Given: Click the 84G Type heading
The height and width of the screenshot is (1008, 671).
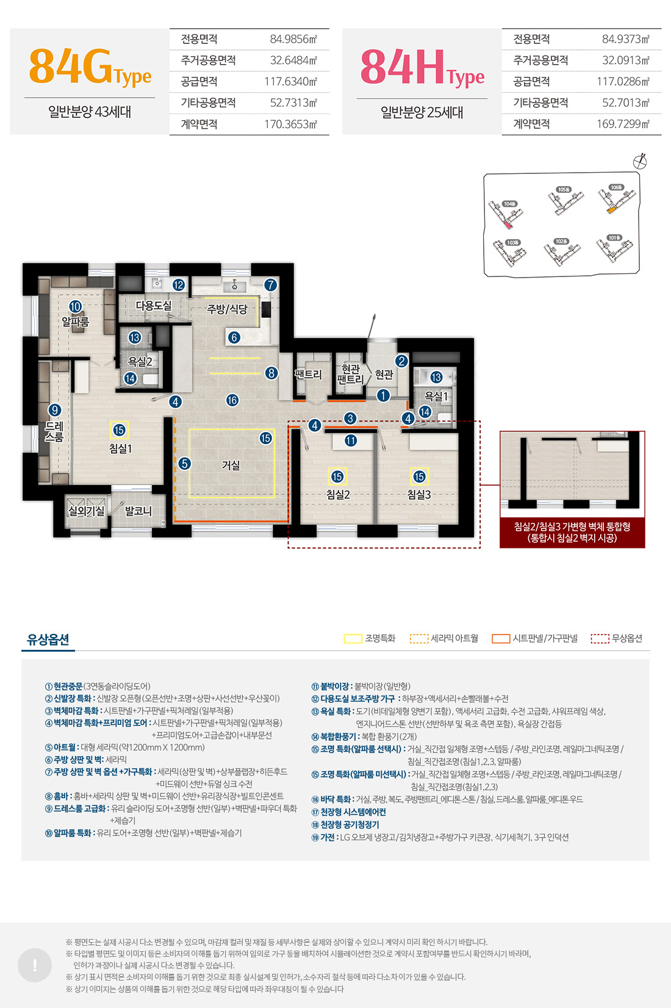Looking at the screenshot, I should pos(90,68).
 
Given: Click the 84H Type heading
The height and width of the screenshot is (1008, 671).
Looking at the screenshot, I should pos(422,68).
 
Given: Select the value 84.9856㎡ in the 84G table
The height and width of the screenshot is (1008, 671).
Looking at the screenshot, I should pos(293,39).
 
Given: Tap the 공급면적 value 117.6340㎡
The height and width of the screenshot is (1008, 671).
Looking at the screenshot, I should pos(290,81).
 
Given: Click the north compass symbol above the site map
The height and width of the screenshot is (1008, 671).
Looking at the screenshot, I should pos(640,161).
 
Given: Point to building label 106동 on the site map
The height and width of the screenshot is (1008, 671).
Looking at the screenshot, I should pos(616,187).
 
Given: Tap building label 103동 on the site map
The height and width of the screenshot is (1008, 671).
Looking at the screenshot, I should pos(512,242).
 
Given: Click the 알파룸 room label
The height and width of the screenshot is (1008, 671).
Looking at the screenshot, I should pos(75,321).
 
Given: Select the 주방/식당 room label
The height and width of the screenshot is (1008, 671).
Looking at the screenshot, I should pos(227,309).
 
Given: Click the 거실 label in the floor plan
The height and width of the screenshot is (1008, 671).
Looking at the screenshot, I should pos(231,466).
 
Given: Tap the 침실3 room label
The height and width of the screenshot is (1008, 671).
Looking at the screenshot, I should pos(419,495).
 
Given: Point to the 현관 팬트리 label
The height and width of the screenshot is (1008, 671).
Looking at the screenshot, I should pos(350,374).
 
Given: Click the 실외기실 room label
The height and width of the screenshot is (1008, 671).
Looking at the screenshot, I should pos(86,511).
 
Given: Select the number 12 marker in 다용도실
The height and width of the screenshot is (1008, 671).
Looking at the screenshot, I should pos(178,285).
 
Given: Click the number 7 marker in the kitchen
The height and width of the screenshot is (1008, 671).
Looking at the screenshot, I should pos(270,285).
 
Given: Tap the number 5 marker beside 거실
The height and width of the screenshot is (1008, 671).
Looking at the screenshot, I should pos(185,464).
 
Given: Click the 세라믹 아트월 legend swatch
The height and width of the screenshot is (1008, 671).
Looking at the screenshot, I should pos(418,639).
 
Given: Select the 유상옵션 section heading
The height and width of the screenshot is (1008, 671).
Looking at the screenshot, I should pos(48,639).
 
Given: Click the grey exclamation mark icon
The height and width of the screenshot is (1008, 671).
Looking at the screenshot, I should pos(35,965).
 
